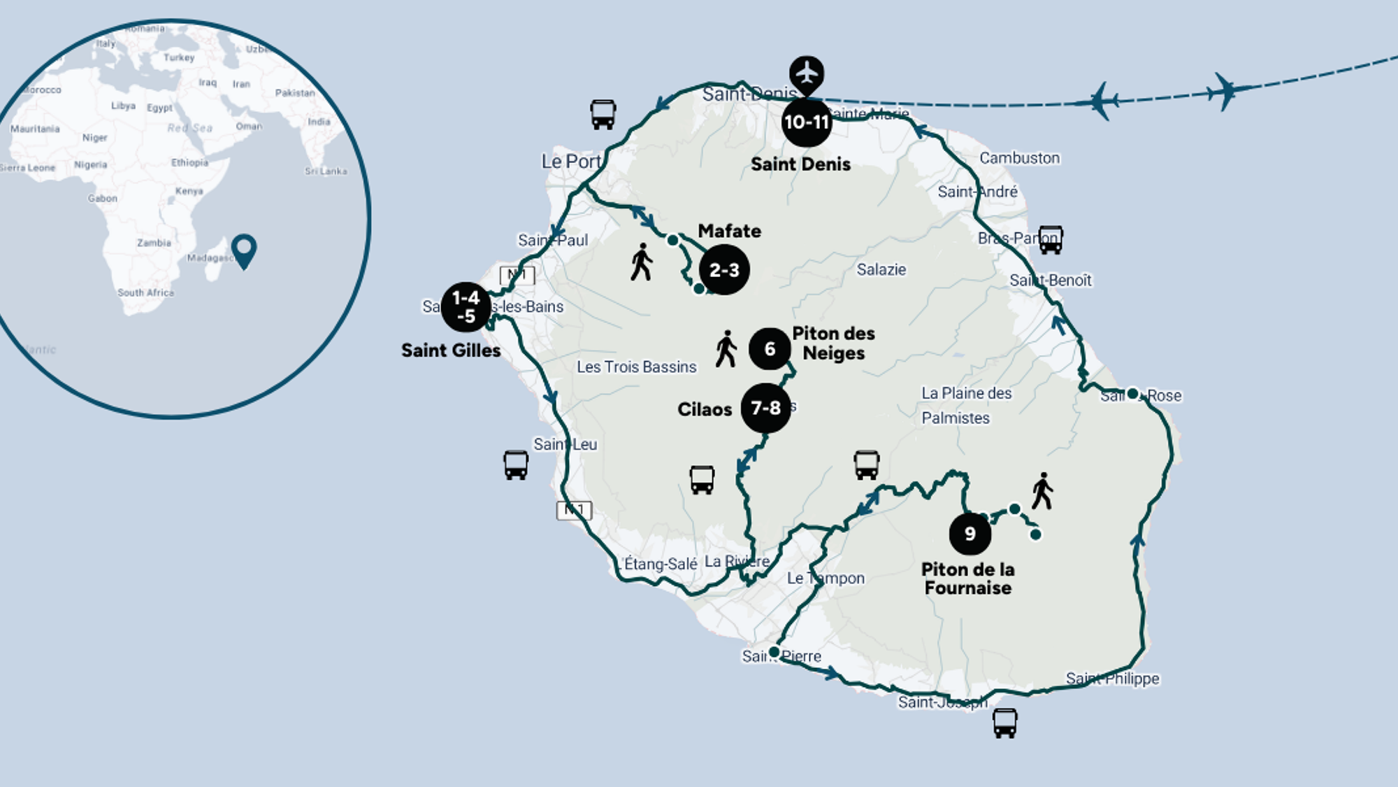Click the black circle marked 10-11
pos(806,122)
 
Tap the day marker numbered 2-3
pos(724,269)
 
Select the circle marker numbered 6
pos(770,348)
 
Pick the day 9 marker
pos(970,534)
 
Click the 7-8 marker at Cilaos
pos(765,408)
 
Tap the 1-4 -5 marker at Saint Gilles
pos(466,307)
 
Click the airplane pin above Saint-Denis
pos(807,73)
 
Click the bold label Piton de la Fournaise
pos(968,579)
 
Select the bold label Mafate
pos(729,231)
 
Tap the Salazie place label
pos(881,269)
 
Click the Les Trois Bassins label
pos(636,367)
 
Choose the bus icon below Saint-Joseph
pos(1004,723)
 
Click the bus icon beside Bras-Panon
pos(1050,239)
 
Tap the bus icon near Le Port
pos(603,114)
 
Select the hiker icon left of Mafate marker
pos(641,262)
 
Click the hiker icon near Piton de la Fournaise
pos(1042,490)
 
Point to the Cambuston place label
pos(1019,158)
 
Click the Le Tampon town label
pos(826,578)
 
